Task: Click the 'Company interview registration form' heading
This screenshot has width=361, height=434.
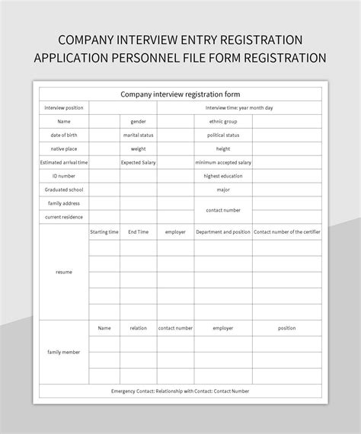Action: tap(180, 94)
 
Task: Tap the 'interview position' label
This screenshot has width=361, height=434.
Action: tap(64, 108)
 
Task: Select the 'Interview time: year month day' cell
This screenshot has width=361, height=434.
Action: tap(239, 108)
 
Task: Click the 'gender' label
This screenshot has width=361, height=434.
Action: tap(138, 122)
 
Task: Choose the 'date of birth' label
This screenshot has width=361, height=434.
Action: tap(64, 136)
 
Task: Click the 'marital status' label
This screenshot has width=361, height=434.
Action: tap(138, 136)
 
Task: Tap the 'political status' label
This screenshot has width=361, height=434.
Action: tap(223, 136)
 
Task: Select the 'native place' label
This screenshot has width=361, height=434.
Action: tap(64, 149)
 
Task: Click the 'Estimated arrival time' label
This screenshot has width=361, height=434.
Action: tap(64, 163)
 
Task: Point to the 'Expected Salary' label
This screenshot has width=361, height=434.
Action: tap(138, 163)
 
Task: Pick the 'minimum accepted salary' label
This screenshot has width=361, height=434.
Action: tap(223, 163)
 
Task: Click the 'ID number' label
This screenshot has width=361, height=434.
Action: tap(64, 176)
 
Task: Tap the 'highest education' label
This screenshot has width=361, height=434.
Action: tap(223, 176)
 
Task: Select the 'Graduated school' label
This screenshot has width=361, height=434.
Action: tap(64, 190)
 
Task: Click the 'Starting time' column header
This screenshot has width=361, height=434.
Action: tap(104, 231)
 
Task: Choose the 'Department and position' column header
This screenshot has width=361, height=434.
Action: tap(223, 231)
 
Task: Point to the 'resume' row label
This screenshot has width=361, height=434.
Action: tap(64, 272)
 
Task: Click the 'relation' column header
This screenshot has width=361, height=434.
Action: tap(138, 328)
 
